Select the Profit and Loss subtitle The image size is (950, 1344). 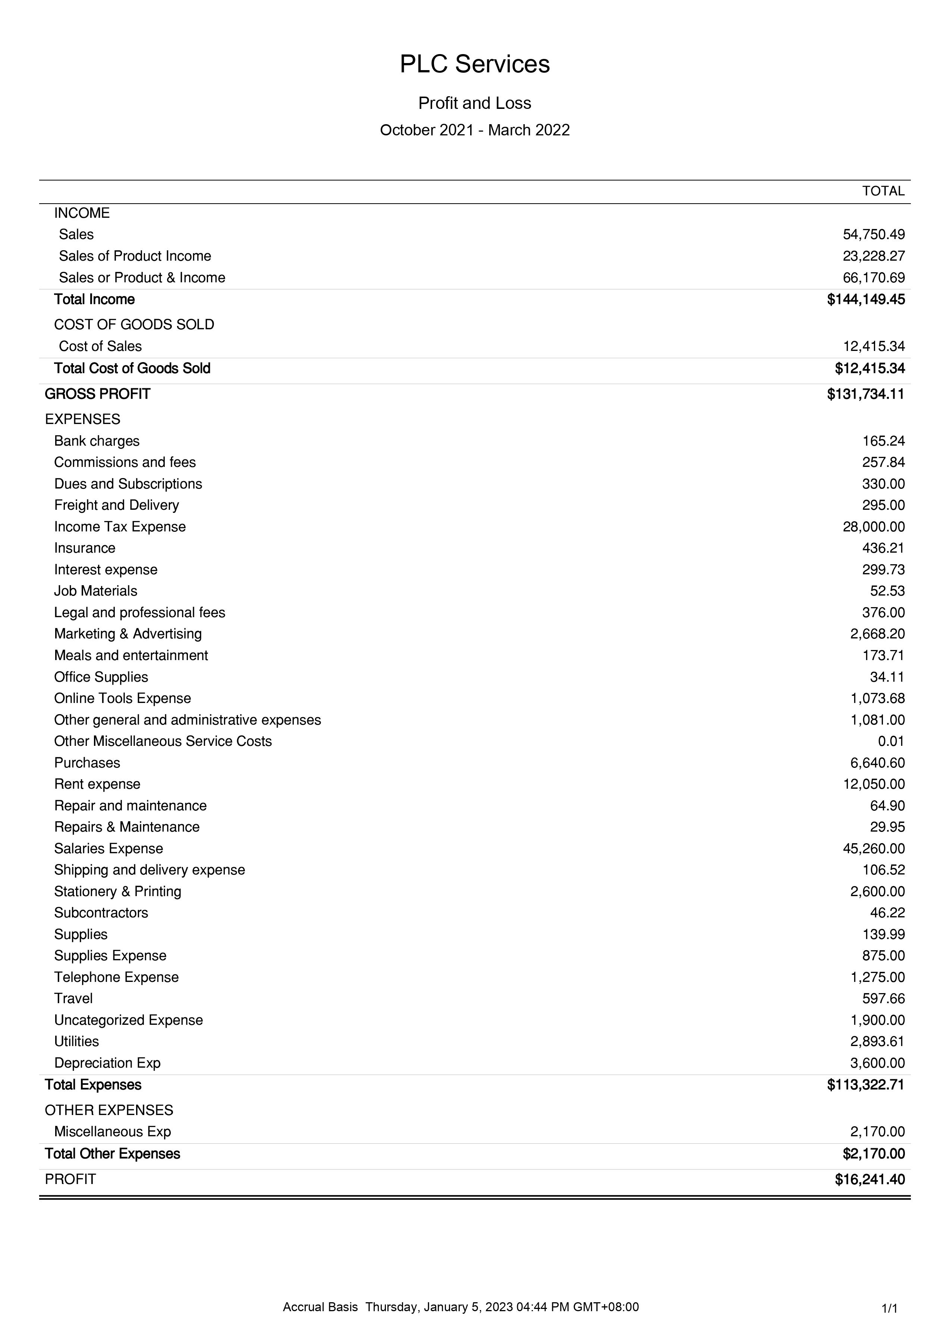click(474, 103)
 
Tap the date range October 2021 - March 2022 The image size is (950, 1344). click(474, 130)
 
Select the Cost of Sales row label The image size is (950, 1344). click(100, 346)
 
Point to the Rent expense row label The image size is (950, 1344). click(97, 784)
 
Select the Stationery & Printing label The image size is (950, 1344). click(118, 892)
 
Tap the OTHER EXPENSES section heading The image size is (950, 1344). click(109, 1111)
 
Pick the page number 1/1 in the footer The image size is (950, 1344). click(889, 1309)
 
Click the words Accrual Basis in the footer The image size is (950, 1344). click(320, 1307)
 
